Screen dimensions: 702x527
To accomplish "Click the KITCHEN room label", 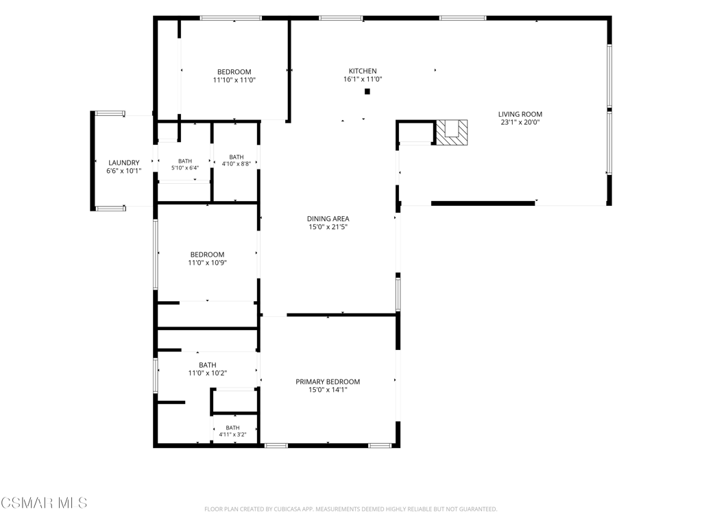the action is (x=363, y=71).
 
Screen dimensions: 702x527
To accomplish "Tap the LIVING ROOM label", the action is (x=520, y=115).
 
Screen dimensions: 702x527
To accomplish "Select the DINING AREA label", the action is (x=328, y=219).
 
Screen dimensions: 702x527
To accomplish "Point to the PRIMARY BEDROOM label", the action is (x=328, y=382).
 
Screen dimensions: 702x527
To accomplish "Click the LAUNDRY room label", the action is (x=124, y=163).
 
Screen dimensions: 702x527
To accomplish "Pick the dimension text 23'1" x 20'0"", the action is (x=520, y=122).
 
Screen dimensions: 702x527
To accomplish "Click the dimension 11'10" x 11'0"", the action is (x=234, y=80).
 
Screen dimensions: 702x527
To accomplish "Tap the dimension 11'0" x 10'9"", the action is (x=207, y=263).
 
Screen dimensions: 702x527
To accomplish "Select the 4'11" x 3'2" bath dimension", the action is (x=233, y=434).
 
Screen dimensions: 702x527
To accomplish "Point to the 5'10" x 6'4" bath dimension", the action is (x=185, y=168).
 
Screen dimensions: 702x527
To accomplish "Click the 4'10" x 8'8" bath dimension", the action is (x=237, y=164).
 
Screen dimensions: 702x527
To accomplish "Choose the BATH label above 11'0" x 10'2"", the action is (x=207, y=365).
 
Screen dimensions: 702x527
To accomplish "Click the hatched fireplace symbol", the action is (x=452, y=132).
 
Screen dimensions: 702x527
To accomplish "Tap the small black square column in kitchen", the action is (x=367, y=92).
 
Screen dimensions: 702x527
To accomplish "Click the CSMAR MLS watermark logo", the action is (x=44, y=503).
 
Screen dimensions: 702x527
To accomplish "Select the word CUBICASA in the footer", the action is (x=290, y=509).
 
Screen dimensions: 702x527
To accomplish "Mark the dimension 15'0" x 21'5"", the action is (x=328, y=226).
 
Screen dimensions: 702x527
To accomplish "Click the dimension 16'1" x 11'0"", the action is (x=363, y=80).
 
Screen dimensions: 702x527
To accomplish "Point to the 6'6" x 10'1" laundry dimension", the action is (x=124, y=171).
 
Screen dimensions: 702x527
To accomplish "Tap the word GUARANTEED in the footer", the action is (x=479, y=509).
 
